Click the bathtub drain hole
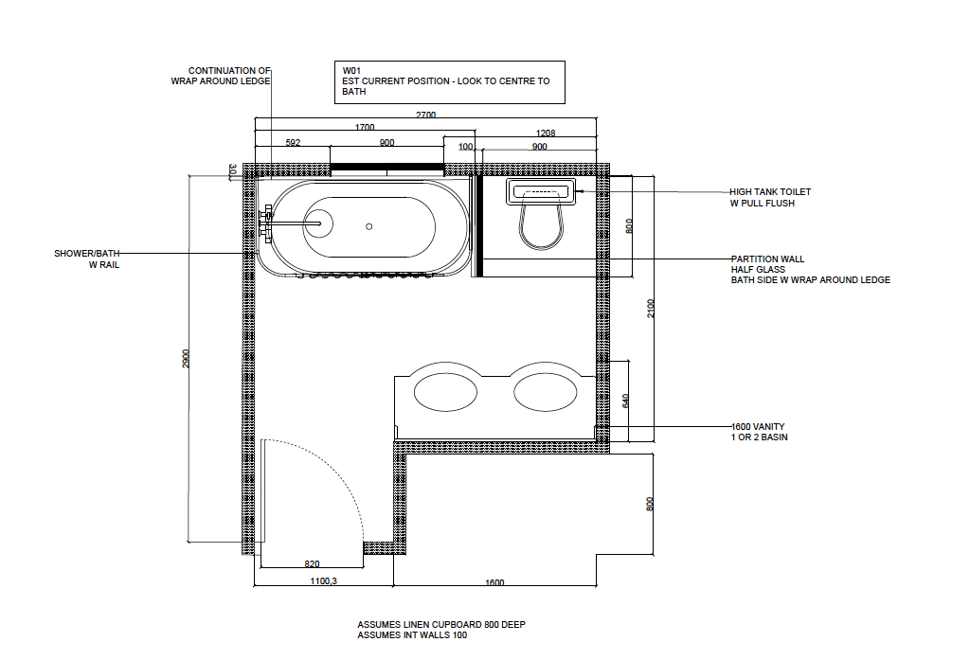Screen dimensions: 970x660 coord(368,226)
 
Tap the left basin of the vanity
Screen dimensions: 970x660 coord(445,393)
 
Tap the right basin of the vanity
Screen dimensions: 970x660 coord(545,393)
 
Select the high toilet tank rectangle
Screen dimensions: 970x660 coord(541,191)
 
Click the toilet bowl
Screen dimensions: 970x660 coord(541,223)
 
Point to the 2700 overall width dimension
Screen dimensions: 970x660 coord(425,115)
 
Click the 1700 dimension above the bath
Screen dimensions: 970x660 coord(365,127)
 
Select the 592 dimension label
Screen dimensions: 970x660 coord(293,142)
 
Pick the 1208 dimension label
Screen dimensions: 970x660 coord(545,133)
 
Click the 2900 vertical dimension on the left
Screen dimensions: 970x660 coord(186,359)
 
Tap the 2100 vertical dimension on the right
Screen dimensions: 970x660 coord(650,308)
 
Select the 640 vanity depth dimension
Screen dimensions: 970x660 coord(625,401)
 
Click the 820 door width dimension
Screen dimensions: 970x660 coord(312,563)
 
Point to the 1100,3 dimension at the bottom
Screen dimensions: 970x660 coord(324,580)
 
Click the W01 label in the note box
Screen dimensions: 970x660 coord(351,70)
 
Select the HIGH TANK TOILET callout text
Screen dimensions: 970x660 coord(769,192)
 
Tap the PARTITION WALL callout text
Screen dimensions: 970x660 coord(767,259)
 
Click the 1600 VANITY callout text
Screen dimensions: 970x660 coord(758,427)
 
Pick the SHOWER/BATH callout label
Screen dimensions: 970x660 coord(86,254)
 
